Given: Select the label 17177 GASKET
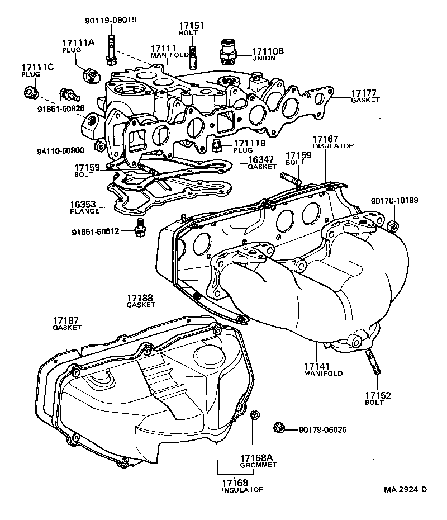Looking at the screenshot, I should pos(365,96).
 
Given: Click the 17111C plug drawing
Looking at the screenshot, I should pos(31,91).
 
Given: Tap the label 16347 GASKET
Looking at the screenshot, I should pos(262,163).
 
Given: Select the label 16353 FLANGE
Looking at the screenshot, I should pos(84,206).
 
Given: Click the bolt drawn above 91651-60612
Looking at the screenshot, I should pos(139,225).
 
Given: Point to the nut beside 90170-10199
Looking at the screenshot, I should pos(392,225).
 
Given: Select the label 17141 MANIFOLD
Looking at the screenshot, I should pos(323,369).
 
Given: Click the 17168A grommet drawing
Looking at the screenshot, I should pos(254,415).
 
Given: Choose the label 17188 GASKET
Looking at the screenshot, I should pos(140,301).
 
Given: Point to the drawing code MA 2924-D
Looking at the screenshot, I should pos(405,490).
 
